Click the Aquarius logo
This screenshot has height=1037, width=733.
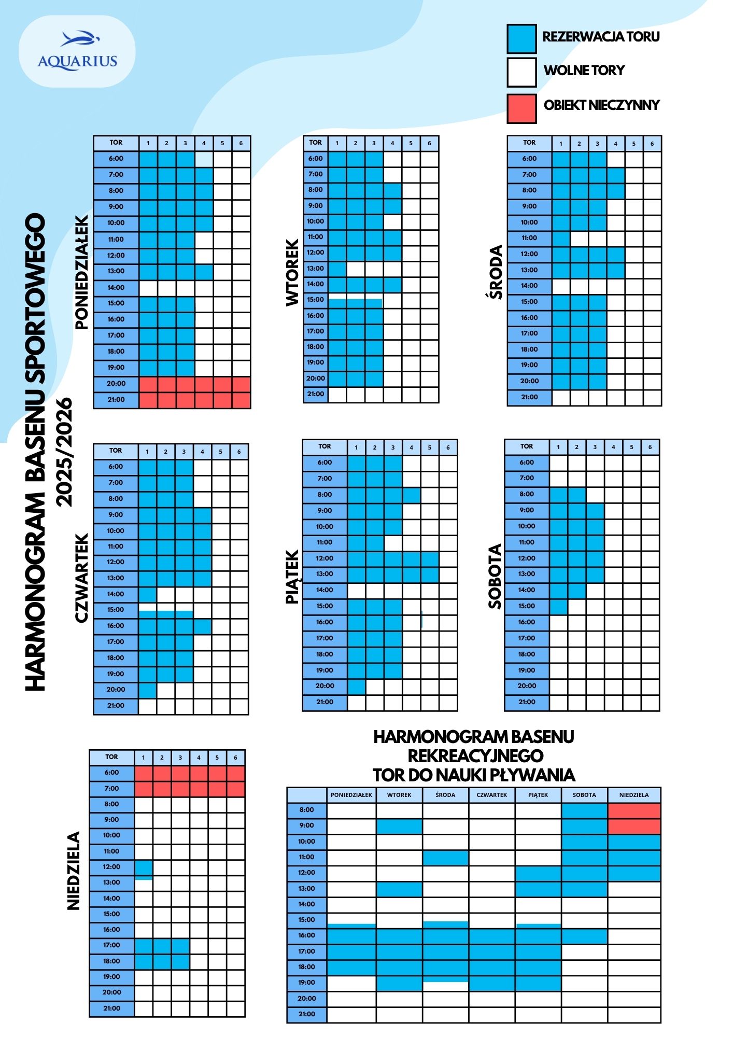click(77, 51)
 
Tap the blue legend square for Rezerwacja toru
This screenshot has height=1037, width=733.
click(521, 38)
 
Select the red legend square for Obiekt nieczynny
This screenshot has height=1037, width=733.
click(521, 108)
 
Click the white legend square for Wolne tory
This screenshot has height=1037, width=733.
click(521, 73)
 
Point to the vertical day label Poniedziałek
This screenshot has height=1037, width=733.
click(82, 273)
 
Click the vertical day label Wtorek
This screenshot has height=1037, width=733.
click(292, 273)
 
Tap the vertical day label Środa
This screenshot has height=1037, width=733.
click(496, 273)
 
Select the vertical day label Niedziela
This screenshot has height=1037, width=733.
click(74, 871)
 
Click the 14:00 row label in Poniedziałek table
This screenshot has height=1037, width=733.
click(116, 288)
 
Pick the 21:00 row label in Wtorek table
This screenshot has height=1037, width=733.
click(316, 394)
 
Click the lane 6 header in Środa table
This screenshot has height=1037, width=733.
click(652, 144)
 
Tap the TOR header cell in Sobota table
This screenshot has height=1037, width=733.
click(527, 446)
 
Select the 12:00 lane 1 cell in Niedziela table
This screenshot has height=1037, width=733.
click(144, 867)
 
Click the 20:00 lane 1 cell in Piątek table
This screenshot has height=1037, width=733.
click(357, 686)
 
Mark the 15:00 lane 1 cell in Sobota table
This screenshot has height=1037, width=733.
click(558, 606)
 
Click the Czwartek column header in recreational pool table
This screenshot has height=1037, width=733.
click(492, 795)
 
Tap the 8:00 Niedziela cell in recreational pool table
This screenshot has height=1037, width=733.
click(634, 810)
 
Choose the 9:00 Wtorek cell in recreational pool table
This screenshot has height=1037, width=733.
click(399, 825)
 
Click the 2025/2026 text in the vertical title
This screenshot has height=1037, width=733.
click(65, 451)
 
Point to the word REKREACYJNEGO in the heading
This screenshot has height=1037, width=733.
click(475, 755)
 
